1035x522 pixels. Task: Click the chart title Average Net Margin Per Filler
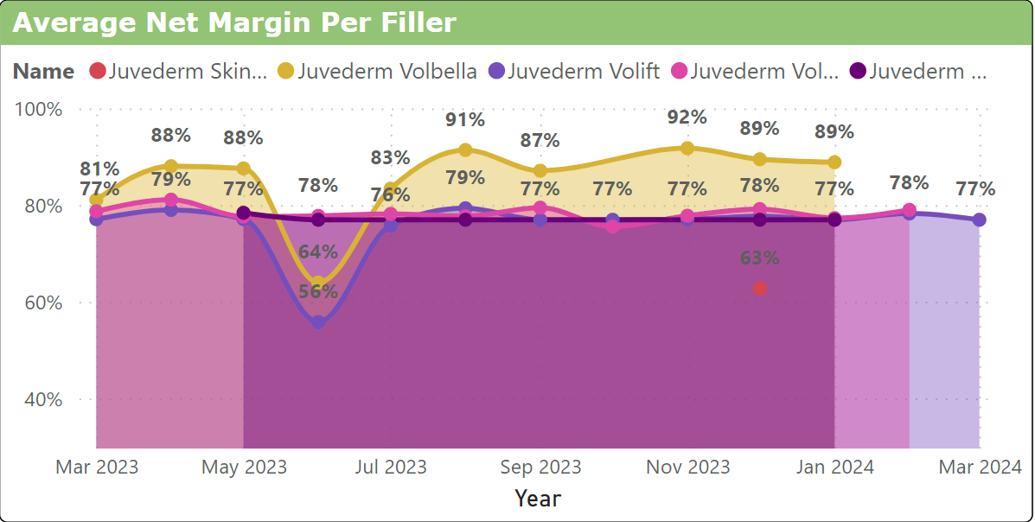234,22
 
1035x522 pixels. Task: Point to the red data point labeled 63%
759,288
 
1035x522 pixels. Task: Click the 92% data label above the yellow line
687,118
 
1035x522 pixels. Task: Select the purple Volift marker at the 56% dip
318,321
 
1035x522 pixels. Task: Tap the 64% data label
318,252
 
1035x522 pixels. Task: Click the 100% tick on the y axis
39,109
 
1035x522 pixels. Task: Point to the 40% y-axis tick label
43,399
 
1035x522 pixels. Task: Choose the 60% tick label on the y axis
43,302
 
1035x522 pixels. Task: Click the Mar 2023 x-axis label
97,468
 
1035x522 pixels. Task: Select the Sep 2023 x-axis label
541,468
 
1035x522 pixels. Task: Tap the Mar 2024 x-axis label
980,468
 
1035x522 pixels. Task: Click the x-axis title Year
538,499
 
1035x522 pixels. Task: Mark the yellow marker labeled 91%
465,150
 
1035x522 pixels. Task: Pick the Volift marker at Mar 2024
979,220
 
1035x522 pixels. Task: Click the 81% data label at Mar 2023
100,169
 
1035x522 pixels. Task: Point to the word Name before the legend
43,71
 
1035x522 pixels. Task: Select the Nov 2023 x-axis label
688,468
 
